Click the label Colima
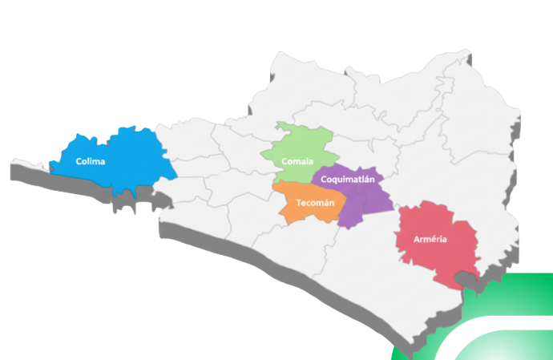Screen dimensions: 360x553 (x=91, y=162)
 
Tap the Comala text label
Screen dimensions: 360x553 (x=297, y=162)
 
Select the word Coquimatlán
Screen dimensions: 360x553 (x=348, y=180)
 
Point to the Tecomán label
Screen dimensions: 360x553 (x=315, y=203)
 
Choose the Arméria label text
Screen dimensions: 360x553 (x=430, y=240)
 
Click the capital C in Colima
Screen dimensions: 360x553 (x=79, y=162)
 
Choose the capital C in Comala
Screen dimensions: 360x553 (x=285, y=162)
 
